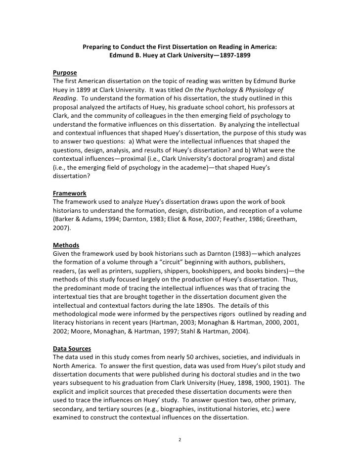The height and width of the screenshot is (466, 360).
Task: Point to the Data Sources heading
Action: tap(73, 349)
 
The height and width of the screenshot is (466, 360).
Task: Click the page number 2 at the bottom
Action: tap(180, 439)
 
